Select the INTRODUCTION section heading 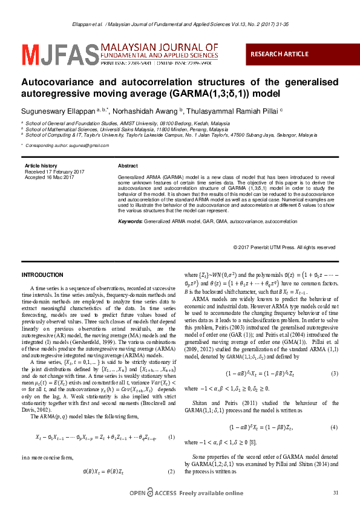point(42,275)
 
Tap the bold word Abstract point(128,166)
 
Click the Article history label point(41,166)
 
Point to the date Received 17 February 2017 point(54,172)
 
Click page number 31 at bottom point(336,493)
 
